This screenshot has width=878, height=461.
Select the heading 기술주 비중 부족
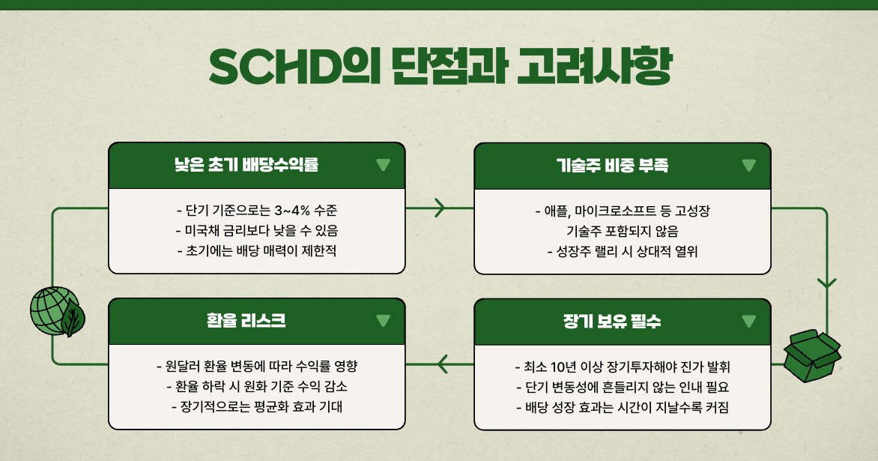(x=612, y=166)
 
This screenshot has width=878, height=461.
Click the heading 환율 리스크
(x=246, y=321)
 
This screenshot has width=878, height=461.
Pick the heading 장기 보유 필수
(x=612, y=321)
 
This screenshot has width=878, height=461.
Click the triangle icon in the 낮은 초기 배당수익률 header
(x=383, y=166)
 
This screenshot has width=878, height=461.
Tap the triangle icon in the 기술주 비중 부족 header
(x=748, y=166)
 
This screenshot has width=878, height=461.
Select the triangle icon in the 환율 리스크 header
(x=383, y=321)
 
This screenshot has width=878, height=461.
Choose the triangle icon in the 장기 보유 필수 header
(x=748, y=321)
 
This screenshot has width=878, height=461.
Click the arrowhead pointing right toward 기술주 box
(x=440, y=208)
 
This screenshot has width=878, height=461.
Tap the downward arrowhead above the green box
(x=826, y=283)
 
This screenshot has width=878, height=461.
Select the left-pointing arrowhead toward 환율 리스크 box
(x=443, y=364)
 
